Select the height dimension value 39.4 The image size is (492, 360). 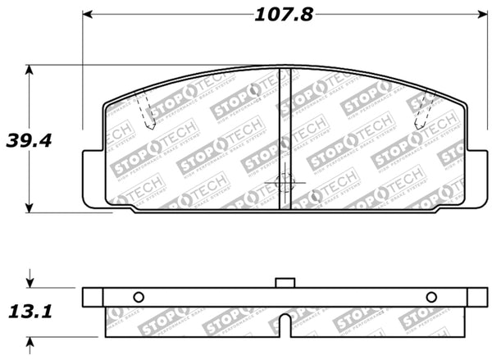29,140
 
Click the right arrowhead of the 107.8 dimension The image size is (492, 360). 481,15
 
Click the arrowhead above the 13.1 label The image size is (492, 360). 30,282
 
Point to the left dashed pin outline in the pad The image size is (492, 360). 145,111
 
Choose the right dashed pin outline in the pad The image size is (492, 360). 425,111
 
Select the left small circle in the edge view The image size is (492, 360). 138,297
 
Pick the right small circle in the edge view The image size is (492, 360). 431,297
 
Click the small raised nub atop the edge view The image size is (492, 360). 285,283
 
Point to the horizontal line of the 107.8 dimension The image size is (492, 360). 180,15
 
